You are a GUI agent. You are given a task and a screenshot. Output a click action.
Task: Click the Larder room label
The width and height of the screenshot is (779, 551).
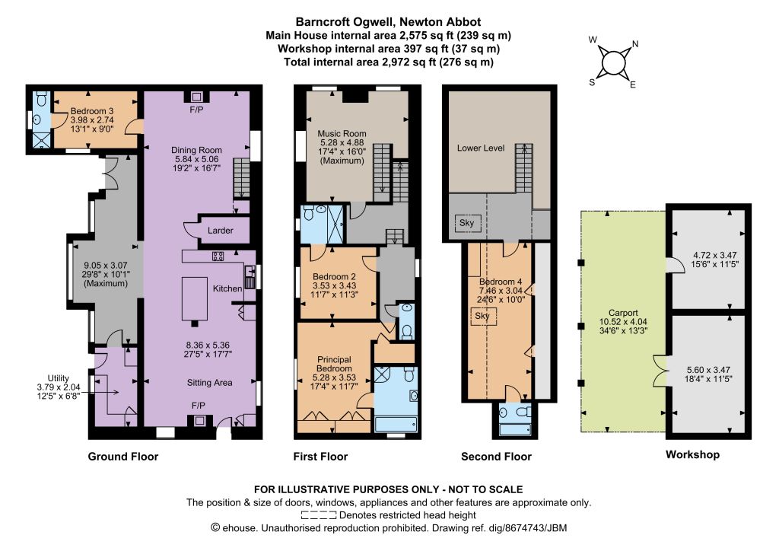click(220, 230)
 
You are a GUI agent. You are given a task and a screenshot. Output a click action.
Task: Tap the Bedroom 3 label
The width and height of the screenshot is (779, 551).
click(92, 111)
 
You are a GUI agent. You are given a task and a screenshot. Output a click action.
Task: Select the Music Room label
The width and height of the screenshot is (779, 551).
click(342, 133)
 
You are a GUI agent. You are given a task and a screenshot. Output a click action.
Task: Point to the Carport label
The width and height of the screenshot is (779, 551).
click(623, 313)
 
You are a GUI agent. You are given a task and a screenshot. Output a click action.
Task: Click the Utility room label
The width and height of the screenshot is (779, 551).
click(58, 378)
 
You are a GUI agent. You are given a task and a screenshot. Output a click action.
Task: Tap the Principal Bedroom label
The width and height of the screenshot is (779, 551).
click(334, 364)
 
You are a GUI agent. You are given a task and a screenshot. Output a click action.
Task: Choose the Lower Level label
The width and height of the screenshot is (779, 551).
click(481, 148)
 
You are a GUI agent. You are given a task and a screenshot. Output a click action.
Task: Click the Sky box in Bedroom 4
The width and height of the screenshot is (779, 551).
click(483, 316)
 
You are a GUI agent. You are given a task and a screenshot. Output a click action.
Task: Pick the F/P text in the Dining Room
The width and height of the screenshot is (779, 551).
click(196, 110)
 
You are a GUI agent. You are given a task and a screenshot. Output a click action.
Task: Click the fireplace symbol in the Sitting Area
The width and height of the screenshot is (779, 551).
click(199, 421)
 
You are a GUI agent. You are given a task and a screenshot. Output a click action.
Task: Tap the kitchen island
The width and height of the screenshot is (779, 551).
click(194, 298)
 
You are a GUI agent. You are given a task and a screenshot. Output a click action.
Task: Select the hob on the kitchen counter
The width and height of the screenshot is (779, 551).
click(218, 256)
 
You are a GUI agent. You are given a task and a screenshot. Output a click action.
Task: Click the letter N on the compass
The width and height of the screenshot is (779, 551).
click(635, 43)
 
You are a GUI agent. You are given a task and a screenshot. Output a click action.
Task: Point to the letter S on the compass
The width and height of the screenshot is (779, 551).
click(592, 82)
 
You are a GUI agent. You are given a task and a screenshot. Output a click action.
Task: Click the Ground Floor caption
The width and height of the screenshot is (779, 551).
click(122, 456)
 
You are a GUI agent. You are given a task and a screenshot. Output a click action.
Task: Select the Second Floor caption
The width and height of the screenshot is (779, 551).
click(496, 456)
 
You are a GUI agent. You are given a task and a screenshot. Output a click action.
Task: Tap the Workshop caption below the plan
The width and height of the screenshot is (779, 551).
click(692, 454)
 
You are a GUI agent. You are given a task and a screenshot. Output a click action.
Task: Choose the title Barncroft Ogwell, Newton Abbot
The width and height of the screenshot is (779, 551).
click(388, 22)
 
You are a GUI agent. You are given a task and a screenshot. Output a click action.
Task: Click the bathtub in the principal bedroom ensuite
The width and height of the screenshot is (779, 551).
click(396, 425)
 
